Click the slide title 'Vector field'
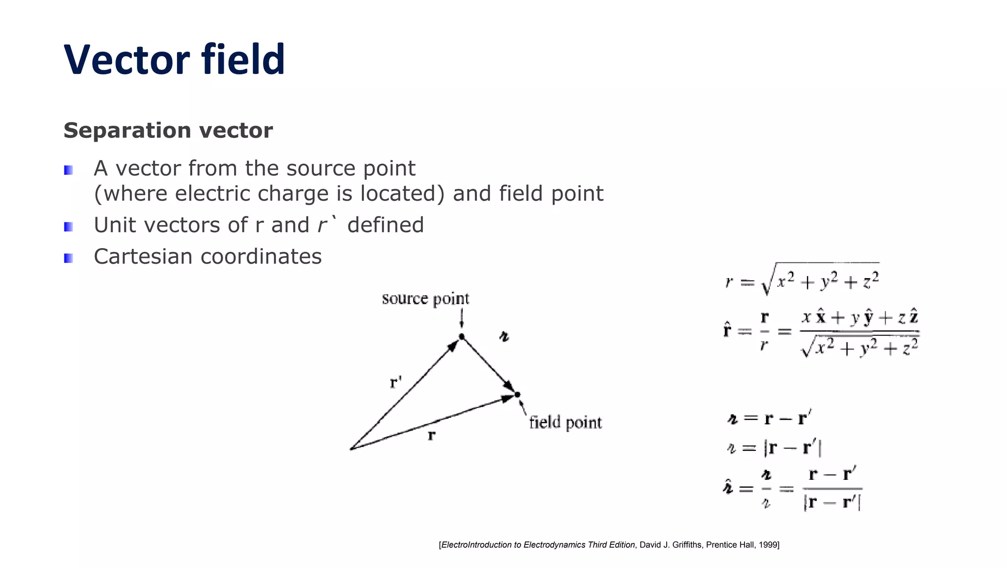pyautogui.click(x=174, y=60)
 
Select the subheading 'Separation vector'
pyautogui.click(x=168, y=130)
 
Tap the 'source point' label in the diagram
pyautogui.click(x=425, y=299)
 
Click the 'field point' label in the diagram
pyautogui.click(x=565, y=423)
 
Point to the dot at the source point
pyautogui.click(x=462, y=337)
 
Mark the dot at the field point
pyautogui.click(x=517, y=394)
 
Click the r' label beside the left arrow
pyautogui.click(x=396, y=382)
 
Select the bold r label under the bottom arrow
pyautogui.click(x=431, y=435)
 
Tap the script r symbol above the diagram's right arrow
pyautogui.click(x=504, y=337)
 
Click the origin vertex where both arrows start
pyautogui.click(x=351, y=448)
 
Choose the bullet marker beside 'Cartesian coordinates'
pyautogui.click(x=68, y=258)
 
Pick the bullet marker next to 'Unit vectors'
pyautogui.click(x=68, y=226)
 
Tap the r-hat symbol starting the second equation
pyautogui.click(x=727, y=330)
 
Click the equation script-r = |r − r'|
pyautogui.click(x=774, y=448)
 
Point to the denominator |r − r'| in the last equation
pyautogui.click(x=832, y=503)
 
